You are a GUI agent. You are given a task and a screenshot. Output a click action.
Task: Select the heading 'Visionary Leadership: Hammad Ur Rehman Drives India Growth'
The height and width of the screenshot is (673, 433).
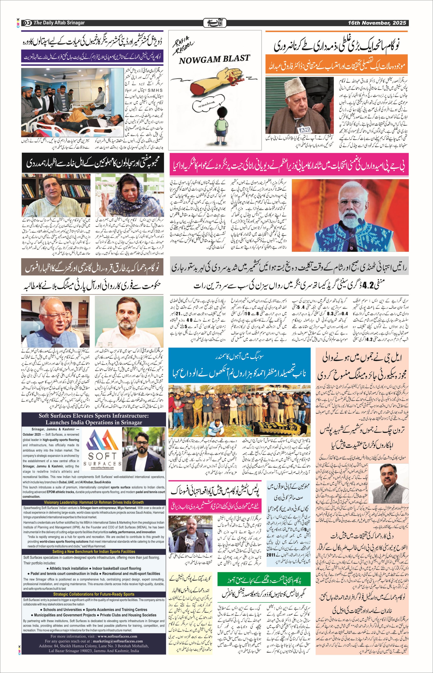tap(94, 502)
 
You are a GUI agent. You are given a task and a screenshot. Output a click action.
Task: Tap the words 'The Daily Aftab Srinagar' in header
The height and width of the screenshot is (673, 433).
tap(59, 23)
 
